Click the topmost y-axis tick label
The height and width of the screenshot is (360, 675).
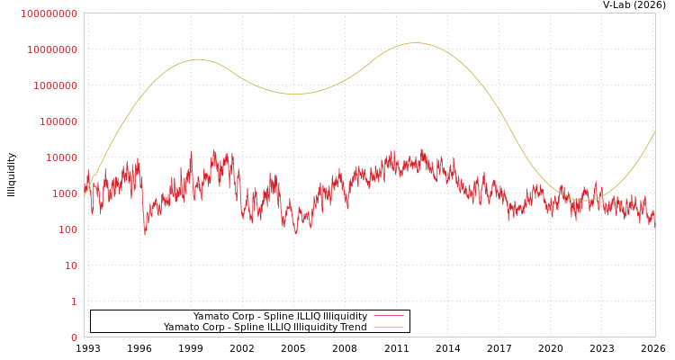click(49, 13)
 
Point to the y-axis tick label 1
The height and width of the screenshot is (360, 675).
click(74, 301)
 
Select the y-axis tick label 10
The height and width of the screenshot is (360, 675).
click(71, 265)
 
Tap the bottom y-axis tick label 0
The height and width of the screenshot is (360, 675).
click(74, 337)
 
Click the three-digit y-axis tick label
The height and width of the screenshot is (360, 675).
click(68, 229)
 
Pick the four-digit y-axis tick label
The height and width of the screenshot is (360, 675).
click(65, 193)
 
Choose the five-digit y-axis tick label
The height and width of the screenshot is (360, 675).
click(62, 157)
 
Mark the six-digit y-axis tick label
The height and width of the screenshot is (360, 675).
click(58, 121)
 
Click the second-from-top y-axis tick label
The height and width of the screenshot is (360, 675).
click(52, 49)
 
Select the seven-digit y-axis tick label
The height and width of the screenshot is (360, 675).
click(56, 85)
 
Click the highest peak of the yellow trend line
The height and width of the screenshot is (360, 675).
click(415, 43)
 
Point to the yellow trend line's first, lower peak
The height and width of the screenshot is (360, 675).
click(199, 59)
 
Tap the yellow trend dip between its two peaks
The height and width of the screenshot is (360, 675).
click(293, 94)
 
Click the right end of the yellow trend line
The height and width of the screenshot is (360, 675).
click(654, 132)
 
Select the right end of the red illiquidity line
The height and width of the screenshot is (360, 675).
click(654, 219)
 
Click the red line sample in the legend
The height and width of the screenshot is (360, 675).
click(388, 316)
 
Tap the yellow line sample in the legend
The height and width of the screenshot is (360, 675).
click(388, 327)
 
